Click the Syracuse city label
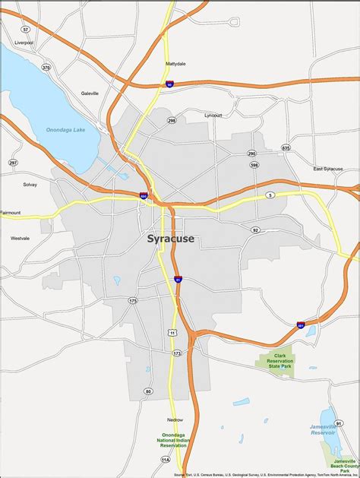(x=170, y=239)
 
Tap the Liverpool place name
(x=24, y=43)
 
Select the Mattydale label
(x=176, y=64)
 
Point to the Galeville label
(x=90, y=93)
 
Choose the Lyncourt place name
(x=213, y=115)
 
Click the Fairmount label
(x=11, y=212)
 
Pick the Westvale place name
(x=20, y=238)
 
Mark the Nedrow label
(x=175, y=419)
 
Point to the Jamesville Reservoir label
(x=328, y=430)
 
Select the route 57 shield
(x=26, y=29)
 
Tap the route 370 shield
(x=46, y=68)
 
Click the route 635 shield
(x=286, y=147)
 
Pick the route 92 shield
(x=255, y=230)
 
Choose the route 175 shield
(x=133, y=301)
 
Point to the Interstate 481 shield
(x=302, y=324)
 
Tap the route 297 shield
(x=13, y=162)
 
